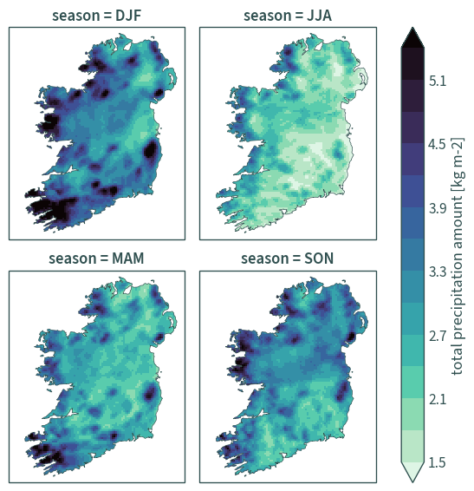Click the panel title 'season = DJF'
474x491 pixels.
(x=96, y=16)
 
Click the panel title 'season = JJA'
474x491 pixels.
(x=288, y=16)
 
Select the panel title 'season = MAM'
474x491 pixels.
(x=96, y=259)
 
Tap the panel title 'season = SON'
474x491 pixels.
(x=287, y=259)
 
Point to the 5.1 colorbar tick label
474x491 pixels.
(x=438, y=81)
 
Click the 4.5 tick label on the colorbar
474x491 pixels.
(x=438, y=145)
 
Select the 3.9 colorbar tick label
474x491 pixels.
(x=438, y=208)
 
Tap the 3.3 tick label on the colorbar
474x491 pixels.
(x=438, y=272)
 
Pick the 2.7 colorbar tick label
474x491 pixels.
(x=438, y=336)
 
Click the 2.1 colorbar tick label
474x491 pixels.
(x=438, y=400)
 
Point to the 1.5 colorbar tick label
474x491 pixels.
(x=438, y=462)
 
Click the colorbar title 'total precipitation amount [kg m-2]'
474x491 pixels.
(x=458, y=256)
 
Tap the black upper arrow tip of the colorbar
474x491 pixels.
(x=413, y=28)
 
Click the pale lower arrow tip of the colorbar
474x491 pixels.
(x=413, y=481)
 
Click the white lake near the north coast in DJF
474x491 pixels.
(x=127, y=46)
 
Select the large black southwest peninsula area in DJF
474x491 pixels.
(x=52, y=208)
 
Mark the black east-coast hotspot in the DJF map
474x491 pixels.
(x=151, y=150)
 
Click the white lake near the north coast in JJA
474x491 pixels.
(x=318, y=46)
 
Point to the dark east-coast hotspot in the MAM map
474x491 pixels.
(x=150, y=392)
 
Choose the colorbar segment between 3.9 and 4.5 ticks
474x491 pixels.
(x=413, y=175)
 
